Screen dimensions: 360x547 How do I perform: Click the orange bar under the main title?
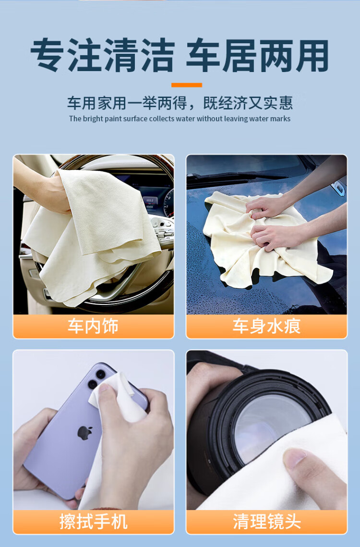tap(187, 85)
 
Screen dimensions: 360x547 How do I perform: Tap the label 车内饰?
tap(93, 326)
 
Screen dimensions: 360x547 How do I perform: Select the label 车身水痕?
tap(266, 326)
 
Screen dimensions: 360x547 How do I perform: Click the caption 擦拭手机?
tap(93, 522)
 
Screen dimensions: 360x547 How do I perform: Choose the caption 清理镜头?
tap(266, 522)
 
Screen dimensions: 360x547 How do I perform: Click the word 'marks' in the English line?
tap(280, 119)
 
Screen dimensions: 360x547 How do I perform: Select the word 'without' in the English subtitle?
tap(209, 119)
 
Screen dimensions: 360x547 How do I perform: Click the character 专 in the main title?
tap(48, 56)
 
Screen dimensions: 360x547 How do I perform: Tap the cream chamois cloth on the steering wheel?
tap(94, 237)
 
